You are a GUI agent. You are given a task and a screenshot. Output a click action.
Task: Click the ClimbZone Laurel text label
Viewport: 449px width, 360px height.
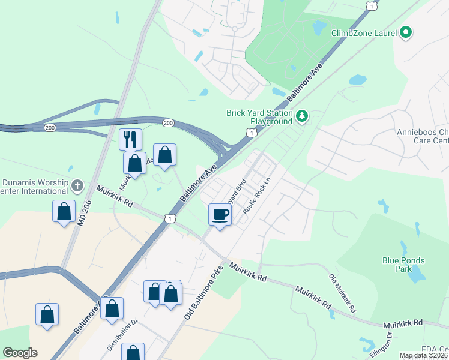pos(364,33)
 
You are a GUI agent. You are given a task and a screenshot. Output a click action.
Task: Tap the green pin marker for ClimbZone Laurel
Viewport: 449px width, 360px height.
pos(406,32)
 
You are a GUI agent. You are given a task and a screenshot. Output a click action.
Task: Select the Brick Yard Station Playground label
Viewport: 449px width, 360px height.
pos(259,116)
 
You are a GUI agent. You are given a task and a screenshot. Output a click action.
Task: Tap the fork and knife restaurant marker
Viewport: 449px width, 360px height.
pos(130,139)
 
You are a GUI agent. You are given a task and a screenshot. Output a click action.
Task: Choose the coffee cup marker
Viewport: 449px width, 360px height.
pos(220,214)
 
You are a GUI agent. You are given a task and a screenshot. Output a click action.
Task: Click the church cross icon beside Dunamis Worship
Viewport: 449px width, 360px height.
pos(77,185)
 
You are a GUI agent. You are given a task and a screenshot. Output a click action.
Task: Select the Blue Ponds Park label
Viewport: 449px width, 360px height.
pos(403,265)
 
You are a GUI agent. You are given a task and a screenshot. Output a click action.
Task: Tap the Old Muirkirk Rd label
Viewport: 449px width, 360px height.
pos(342,294)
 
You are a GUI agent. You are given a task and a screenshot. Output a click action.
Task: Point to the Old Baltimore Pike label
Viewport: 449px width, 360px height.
pos(200,293)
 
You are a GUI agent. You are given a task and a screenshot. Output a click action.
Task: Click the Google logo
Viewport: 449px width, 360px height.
pos(20,353)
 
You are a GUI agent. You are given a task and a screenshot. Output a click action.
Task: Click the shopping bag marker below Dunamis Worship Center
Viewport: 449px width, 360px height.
pos(64,211)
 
